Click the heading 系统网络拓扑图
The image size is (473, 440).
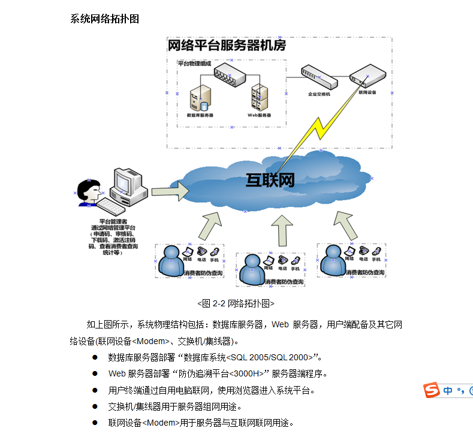point(105,19)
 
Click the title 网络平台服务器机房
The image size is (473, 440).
point(226,46)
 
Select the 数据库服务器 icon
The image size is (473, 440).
point(200,98)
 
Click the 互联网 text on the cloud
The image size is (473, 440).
point(270,180)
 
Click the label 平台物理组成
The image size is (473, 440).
point(194,63)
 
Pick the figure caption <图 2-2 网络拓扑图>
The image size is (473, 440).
point(236,303)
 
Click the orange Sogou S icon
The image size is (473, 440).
point(432,390)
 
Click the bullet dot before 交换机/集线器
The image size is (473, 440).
point(95,406)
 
